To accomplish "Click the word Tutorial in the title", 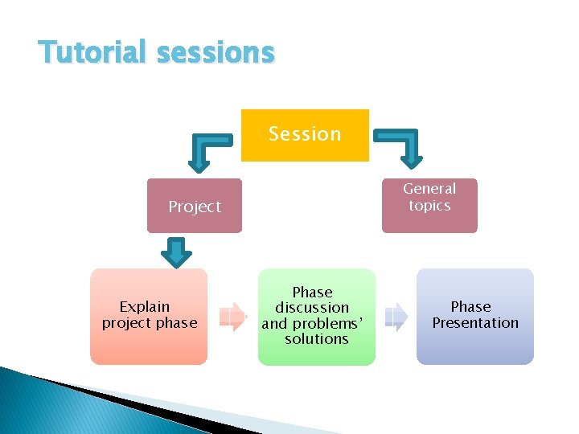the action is click(92, 52).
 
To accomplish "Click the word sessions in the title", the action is click(216, 52).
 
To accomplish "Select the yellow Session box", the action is click(305, 135).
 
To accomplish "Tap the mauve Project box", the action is click(194, 206).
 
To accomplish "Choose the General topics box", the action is click(429, 205).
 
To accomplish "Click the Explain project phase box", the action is click(149, 316).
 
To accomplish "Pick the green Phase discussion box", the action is click(316, 316).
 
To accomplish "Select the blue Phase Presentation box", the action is click(474, 316).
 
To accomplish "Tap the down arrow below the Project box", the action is click(176, 252).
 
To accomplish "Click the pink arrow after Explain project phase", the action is click(232, 316).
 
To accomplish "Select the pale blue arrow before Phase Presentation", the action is click(396, 316).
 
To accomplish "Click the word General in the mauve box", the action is click(429, 189).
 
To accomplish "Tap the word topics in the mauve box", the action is click(429, 206).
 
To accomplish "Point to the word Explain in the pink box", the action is click(145, 306).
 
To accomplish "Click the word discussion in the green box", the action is click(312, 308).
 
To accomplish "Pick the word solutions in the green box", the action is click(317, 339).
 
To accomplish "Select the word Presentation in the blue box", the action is click(475, 323).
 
